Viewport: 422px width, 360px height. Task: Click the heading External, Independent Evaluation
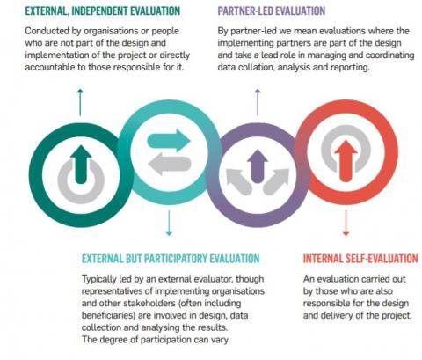pos(103,11)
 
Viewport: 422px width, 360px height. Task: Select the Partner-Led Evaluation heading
pos(272,11)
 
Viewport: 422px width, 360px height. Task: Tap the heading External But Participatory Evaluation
pos(171,259)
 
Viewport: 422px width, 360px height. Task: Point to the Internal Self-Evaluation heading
pos(360,259)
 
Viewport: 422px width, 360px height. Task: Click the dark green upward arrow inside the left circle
pos(81,165)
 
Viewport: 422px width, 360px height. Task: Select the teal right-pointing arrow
pos(169,141)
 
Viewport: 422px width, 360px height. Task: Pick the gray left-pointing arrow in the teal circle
pos(170,165)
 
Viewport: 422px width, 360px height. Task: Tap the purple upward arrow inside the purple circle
pos(258,166)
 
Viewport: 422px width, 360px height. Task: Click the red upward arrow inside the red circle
pos(346,161)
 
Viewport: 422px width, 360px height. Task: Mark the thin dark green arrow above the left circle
pos(80,102)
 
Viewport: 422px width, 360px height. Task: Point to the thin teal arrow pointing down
pos(169,223)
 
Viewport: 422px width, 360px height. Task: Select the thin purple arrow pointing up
pos(258,102)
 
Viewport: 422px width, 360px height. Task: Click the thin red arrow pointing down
pos(346,223)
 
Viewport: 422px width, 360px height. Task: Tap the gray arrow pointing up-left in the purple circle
pos(238,182)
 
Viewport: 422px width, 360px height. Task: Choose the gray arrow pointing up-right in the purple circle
pos(276,182)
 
